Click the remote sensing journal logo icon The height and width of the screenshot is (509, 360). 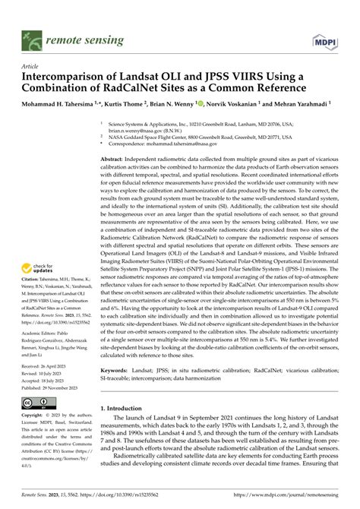click(33, 38)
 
